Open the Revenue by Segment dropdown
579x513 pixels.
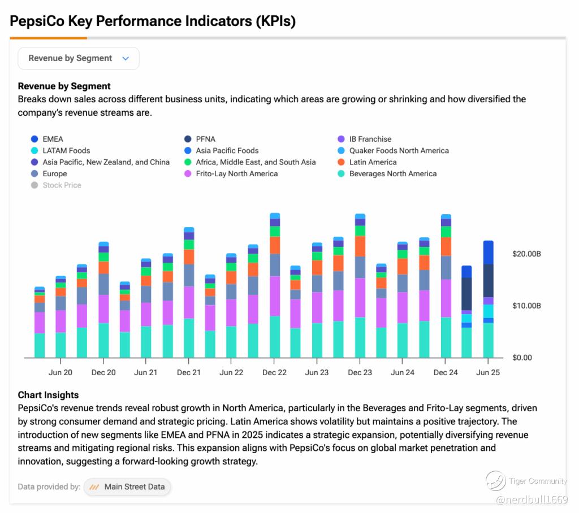(x=79, y=58)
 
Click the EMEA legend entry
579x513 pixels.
(x=53, y=139)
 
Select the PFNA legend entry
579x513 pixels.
(x=205, y=139)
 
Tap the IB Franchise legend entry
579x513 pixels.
(x=370, y=139)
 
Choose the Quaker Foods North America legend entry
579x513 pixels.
(x=399, y=151)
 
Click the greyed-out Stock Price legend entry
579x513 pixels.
(x=62, y=185)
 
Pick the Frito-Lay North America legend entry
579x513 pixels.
(x=236, y=174)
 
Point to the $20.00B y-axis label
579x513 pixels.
(x=526, y=254)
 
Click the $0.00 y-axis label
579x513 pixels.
(x=522, y=358)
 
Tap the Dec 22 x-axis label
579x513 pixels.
(x=274, y=372)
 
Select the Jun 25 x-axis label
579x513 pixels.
(x=488, y=372)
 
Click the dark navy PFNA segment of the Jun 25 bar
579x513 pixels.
(x=488, y=280)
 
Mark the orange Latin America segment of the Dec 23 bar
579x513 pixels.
(x=360, y=246)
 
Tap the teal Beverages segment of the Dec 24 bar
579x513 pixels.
(x=446, y=337)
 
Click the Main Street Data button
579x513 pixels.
(x=127, y=486)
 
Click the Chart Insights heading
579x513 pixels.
(x=48, y=395)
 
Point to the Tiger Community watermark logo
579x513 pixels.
(x=495, y=481)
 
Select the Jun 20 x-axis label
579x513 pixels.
(x=61, y=372)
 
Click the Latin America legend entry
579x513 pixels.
(x=373, y=162)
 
